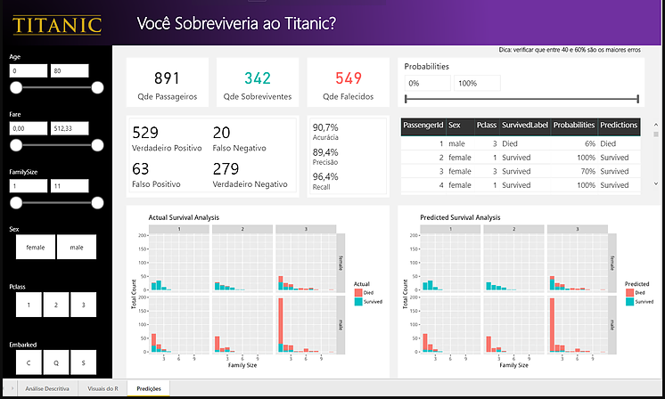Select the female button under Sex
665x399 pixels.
coord(36,247)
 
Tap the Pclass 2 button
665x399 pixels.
coord(55,305)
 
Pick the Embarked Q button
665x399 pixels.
coord(55,362)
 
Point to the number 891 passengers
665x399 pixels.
coord(168,79)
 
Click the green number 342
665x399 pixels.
coord(258,79)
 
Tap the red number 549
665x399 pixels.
coord(349,79)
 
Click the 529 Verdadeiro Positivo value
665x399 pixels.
coord(146,133)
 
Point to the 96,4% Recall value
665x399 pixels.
coord(326,177)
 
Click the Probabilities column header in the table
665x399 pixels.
coord(574,126)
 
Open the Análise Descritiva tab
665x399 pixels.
coord(45,389)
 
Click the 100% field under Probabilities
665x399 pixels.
coord(476,83)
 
